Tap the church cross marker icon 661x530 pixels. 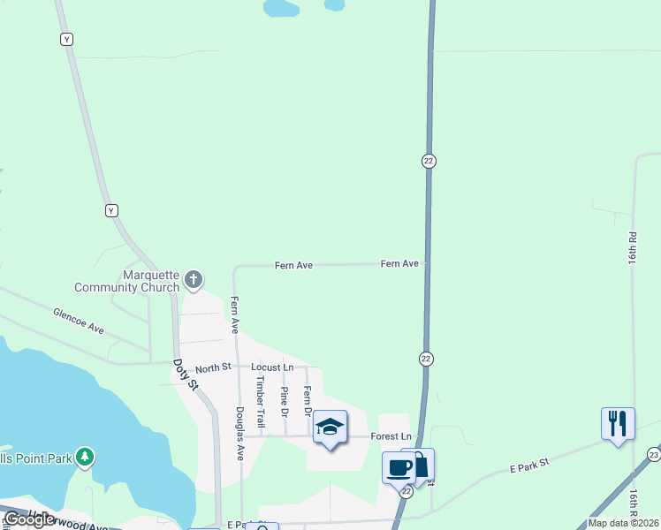point(194,281)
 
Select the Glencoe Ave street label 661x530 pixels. point(78,321)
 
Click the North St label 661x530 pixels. point(213,367)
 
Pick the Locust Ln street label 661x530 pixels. point(271,367)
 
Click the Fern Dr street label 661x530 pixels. point(308,400)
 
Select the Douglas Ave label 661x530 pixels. point(239,434)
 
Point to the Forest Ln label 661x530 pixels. point(391,436)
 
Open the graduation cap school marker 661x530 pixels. point(330,428)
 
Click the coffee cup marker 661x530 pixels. point(399,467)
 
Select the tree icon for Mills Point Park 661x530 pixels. point(85,457)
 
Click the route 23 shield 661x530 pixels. point(653,454)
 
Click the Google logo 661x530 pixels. point(29,519)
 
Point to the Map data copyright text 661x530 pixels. point(623,523)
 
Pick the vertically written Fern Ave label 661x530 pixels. point(235,314)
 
